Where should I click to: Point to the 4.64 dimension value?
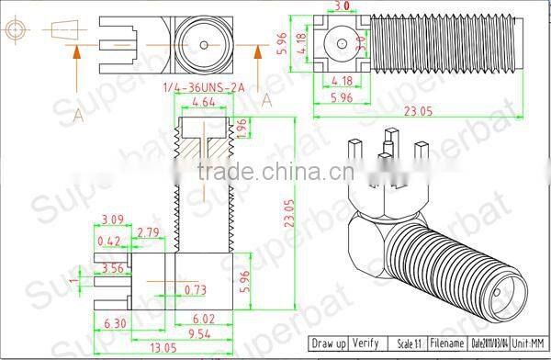203,104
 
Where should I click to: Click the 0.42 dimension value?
108,242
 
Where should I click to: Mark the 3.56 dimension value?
114,268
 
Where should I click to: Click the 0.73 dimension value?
196,290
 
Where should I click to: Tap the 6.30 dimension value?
116,322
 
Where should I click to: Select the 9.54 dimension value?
200,332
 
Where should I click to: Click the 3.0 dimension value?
342,6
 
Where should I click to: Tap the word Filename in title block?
447,343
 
